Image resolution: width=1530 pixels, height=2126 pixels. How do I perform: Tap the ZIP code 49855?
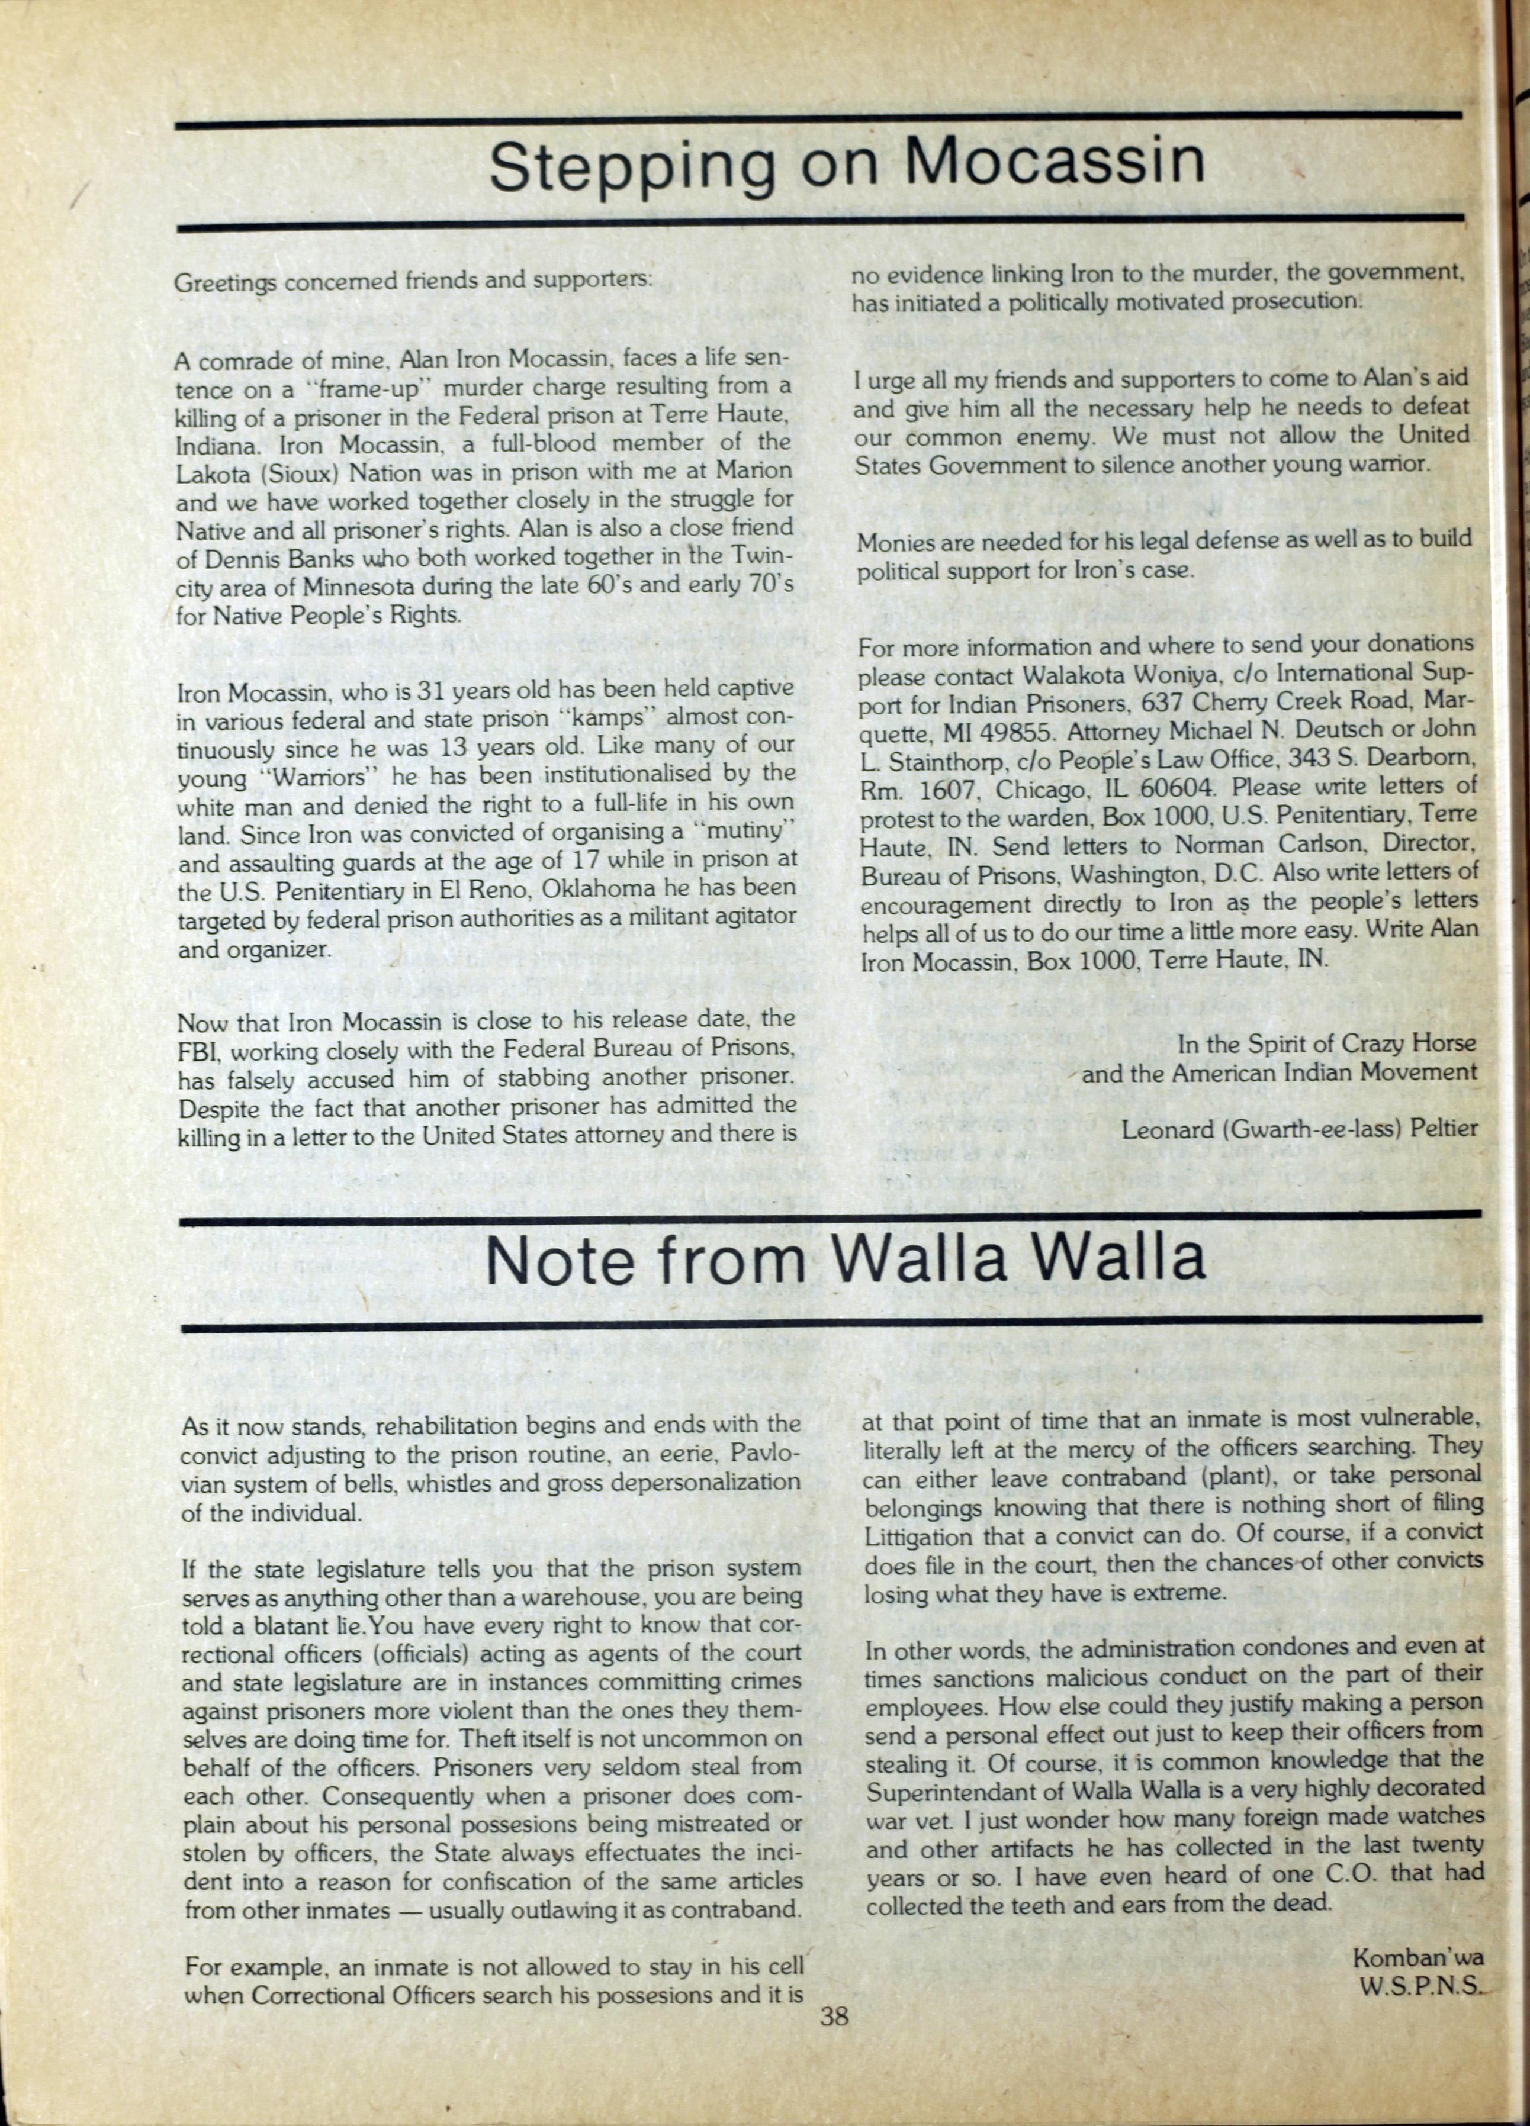[x=1017, y=730]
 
